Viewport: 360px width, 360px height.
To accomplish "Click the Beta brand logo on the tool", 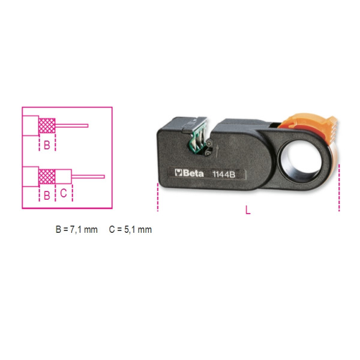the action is pyautogui.click(x=189, y=173).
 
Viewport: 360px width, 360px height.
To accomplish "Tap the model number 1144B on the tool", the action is pyautogui.click(x=224, y=174).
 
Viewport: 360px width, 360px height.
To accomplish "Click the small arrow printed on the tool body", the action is pyautogui.click(x=217, y=151).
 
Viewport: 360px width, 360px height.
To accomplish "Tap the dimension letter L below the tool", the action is pyautogui.click(x=248, y=209).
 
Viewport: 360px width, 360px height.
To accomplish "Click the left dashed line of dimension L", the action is pyautogui.click(x=158, y=197).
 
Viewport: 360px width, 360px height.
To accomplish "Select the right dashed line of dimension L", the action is pyautogui.click(x=339, y=187).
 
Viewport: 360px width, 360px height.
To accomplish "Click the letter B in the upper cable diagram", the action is pyautogui.click(x=47, y=145).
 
